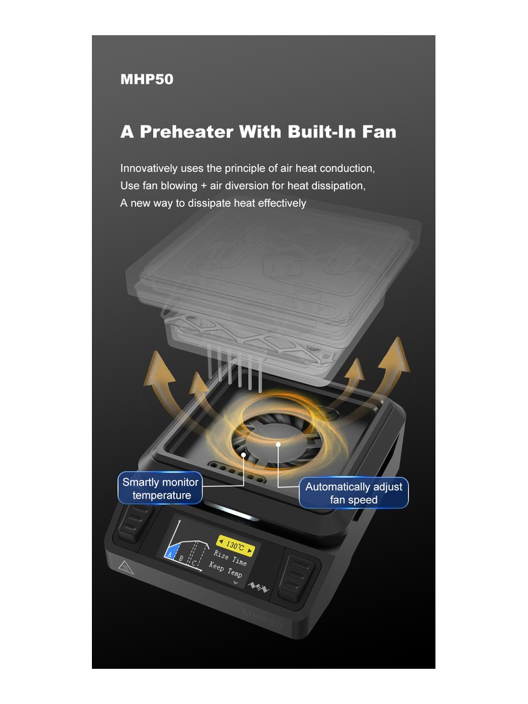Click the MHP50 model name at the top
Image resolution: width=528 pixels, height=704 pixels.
tap(147, 79)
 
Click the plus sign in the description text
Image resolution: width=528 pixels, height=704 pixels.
tap(204, 186)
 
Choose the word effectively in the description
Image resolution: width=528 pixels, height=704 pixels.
tap(282, 203)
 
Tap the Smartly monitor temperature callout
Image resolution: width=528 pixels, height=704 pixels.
tap(160, 488)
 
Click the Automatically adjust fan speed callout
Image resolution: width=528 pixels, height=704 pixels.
tap(354, 493)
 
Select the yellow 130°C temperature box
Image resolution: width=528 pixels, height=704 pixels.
tap(236, 546)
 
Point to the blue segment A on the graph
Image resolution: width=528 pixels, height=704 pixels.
tap(171, 551)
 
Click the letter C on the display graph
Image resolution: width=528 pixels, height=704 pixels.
tap(194, 563)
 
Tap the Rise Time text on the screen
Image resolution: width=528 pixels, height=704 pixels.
tap(230, 558)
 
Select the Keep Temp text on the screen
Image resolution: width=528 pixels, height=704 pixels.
tap(226, 570)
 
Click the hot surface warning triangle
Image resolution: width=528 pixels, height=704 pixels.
tap(126, 568)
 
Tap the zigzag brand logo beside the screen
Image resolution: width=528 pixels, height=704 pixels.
tap(259, 587)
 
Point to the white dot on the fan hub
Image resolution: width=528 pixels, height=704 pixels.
tap(278, 445)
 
